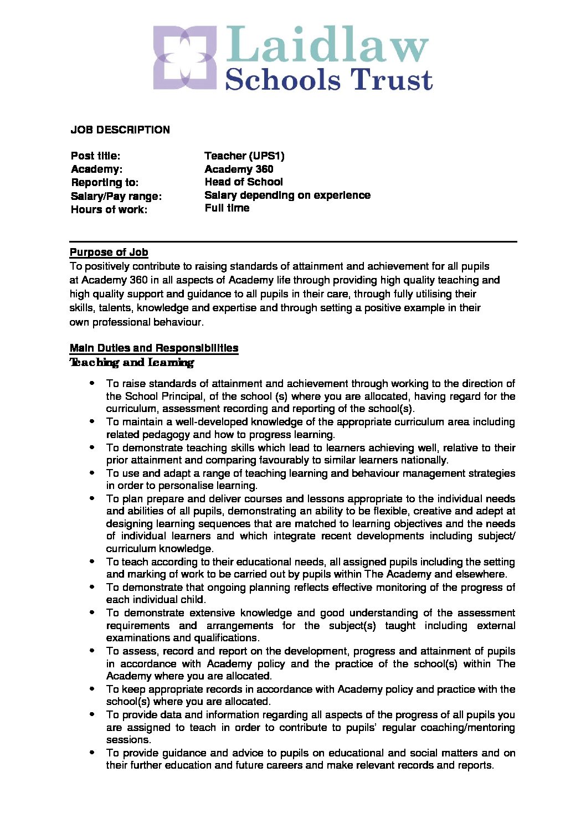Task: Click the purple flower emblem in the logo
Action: [184, 57]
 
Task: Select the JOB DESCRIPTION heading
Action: [120, 130]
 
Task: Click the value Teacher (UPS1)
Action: [244, 156]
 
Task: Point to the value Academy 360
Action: [239, 169]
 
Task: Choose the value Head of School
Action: [244, 182]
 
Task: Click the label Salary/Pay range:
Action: [116, 197]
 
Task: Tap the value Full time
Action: [227, 208]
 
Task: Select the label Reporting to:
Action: [105, 183]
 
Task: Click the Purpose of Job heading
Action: [109, 253]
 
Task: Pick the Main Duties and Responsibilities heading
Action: [154, 348]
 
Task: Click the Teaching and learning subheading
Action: [132, 363]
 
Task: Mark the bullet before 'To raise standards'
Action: [92, 383]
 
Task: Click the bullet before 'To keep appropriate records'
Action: [92, 689]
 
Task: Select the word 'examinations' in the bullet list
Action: [136, 638]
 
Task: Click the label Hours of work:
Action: [109, 210]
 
